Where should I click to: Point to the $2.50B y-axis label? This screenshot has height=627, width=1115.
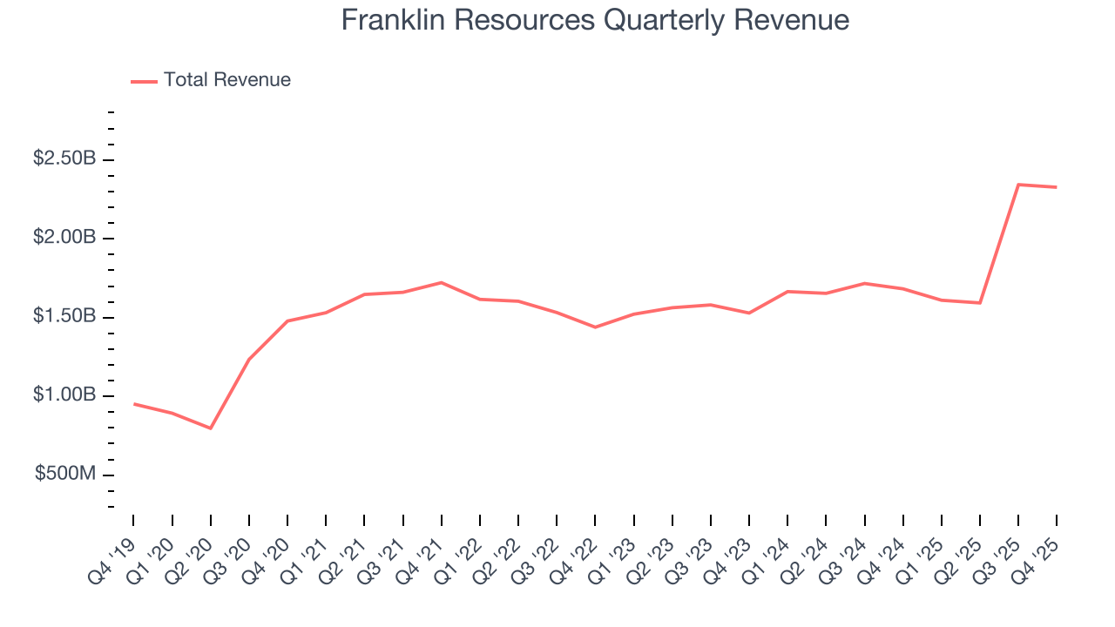coord(64,159)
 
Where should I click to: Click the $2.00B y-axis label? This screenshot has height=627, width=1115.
coord(64,238)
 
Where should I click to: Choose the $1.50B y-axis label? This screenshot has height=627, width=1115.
coord(64,317)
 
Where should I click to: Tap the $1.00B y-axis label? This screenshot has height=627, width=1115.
coord(64,395)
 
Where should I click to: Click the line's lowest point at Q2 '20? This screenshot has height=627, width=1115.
coord(211,428)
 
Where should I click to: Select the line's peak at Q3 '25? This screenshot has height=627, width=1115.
coord(1018,185)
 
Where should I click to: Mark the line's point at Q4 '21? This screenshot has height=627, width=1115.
coord(442,282)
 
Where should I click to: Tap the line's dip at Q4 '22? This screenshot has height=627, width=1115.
coord(595,327)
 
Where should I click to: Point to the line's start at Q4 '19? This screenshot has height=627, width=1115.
coord(134,403)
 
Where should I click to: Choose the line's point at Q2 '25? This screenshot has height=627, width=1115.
coord(980,303)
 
